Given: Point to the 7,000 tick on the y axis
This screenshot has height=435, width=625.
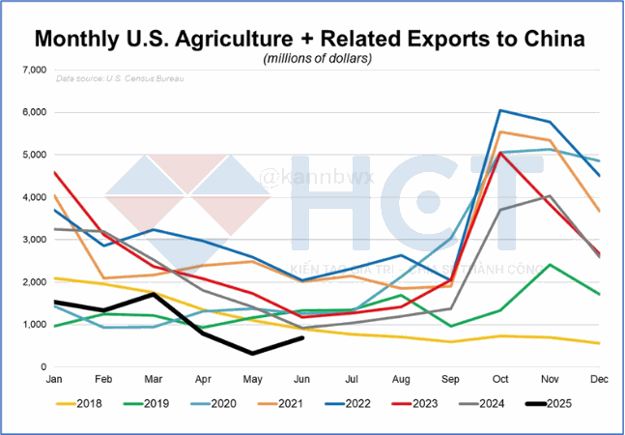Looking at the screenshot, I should pos(34,71).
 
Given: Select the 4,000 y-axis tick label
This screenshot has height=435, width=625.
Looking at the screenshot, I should pos(34,197).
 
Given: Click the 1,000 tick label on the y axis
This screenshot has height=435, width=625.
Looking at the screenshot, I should pos(34,325).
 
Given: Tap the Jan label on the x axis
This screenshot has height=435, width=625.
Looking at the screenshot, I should pos(55,381).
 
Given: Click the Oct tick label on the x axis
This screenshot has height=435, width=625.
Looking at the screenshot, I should pos(499,381).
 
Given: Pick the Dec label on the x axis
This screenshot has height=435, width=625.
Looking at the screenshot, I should pos(599,381).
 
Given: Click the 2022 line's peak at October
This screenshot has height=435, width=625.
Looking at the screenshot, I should pos(499,110).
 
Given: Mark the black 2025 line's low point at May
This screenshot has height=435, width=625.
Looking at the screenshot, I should pos(252,354).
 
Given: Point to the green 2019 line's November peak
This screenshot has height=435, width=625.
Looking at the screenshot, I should pos(550,265).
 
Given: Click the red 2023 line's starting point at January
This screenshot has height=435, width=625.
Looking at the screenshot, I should pos(55,172).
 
